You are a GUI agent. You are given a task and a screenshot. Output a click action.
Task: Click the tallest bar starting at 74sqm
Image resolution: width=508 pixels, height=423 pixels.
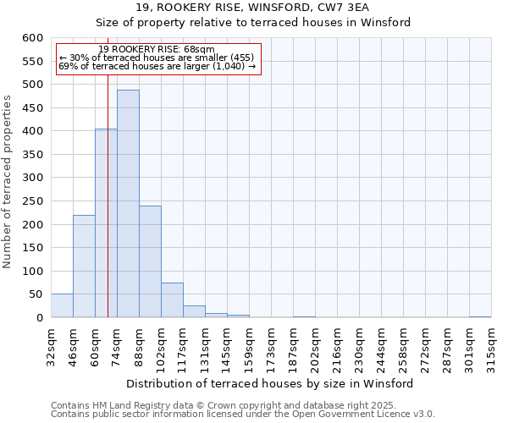128,203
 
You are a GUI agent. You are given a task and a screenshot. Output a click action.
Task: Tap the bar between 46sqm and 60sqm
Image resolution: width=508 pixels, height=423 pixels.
84,266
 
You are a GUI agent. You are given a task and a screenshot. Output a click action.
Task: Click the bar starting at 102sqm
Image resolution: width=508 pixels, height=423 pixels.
172,300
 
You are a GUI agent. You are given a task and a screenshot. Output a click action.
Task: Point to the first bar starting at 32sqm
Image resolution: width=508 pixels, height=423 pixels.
62,306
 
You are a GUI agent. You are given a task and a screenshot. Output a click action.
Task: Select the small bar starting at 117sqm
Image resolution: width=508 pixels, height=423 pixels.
194,311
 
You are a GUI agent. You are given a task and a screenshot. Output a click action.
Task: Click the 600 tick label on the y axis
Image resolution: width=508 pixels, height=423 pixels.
32,38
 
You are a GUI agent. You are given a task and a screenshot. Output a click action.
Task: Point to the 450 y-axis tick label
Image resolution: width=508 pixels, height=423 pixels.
32,108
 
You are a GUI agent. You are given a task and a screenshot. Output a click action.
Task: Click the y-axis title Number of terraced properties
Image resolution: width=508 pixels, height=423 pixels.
8,181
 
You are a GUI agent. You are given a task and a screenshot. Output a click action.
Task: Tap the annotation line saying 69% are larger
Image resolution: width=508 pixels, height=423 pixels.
157,66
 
